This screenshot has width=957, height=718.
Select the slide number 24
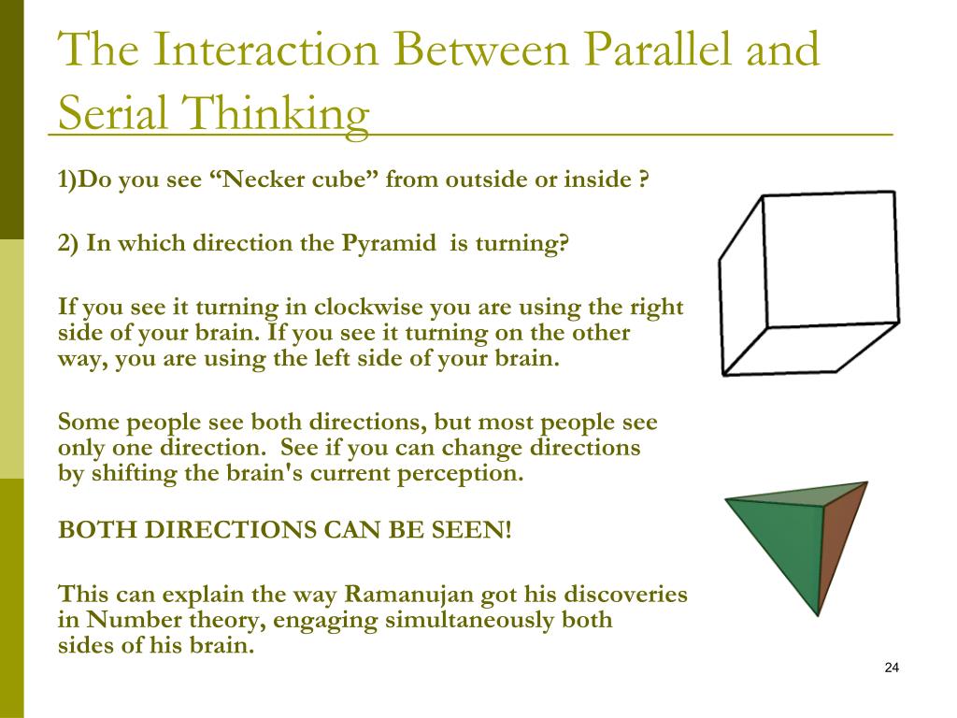pyautogui.click(x=891, y=668)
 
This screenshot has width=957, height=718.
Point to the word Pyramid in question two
pyautogui.click(x=387, y=244)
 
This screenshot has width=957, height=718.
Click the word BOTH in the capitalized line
pyautogui.click(x=82, y=530)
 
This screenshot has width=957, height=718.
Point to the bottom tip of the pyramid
pyautogui.click(x=818, y=614)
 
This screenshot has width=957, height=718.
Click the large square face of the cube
pyautogui.click(x=830, y=259)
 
